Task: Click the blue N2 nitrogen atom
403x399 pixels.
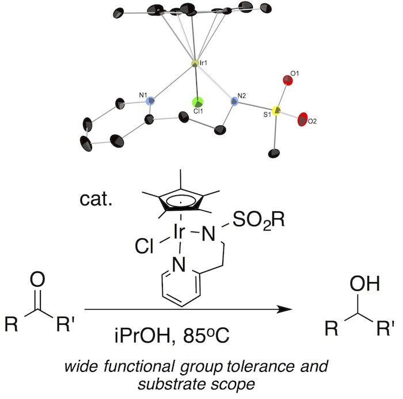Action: tap(234, 102)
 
